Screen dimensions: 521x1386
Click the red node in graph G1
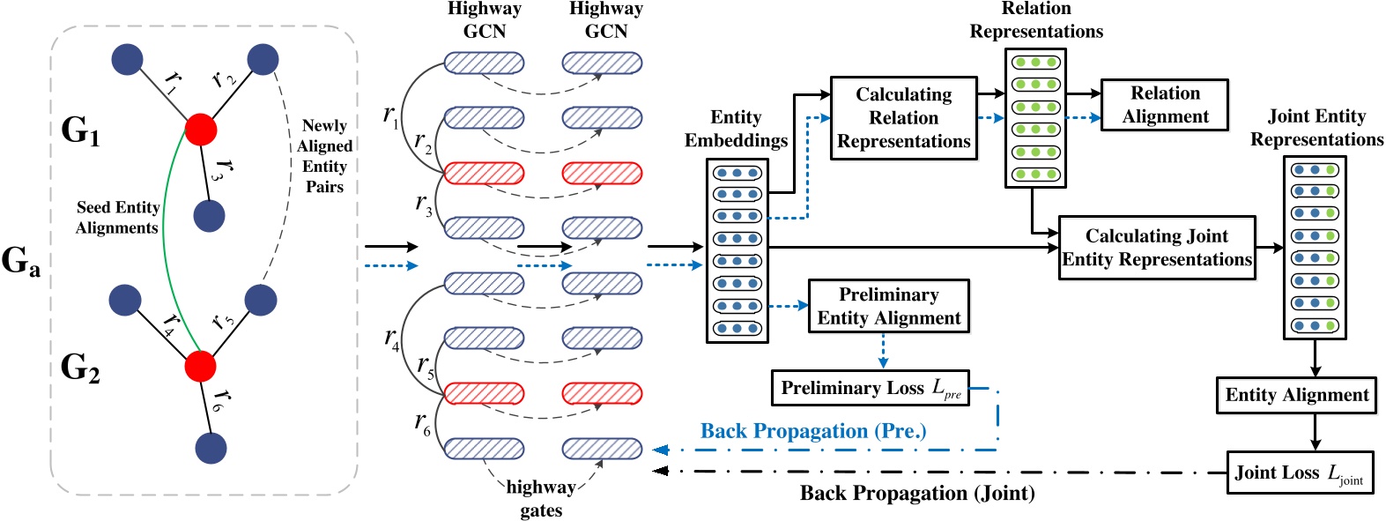201,130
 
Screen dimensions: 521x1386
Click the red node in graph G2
201,366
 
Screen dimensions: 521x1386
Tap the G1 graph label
80,130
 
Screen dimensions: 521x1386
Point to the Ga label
21,261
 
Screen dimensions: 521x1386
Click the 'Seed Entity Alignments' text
117,217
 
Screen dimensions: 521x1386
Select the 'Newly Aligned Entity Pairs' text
324,156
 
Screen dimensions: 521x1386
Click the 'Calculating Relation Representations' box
903,117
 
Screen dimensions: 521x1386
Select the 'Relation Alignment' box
1165,105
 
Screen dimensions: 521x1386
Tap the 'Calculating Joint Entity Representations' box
1156,248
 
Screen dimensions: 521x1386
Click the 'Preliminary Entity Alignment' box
888,306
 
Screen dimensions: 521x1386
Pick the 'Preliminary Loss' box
870,388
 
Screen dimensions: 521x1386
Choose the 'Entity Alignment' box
1296,395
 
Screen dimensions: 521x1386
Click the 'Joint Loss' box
1299,473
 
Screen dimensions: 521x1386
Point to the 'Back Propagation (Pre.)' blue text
812,431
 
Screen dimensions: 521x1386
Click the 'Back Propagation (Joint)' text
916,493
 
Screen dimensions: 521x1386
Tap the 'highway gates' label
540,498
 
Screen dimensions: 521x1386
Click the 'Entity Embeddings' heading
736,129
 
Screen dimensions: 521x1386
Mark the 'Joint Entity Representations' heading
1316,128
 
